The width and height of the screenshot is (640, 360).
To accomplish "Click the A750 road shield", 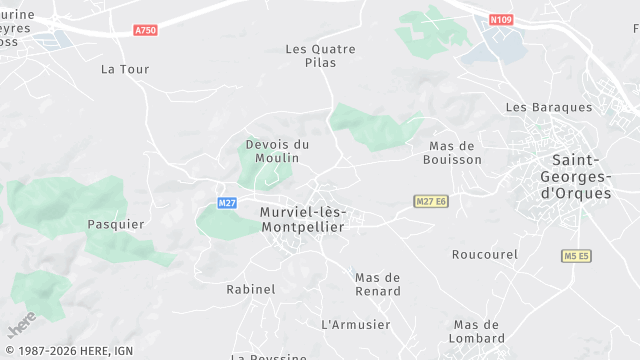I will coord(145,30).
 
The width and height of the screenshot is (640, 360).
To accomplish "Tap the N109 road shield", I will coord(501,19).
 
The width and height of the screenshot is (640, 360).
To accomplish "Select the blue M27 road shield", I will coord(227,203).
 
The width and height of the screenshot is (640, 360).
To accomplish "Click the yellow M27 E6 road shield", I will coord(430,202).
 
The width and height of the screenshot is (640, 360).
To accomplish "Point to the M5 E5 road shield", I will coord(576,256).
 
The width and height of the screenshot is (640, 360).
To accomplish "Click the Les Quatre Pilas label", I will coord(320,55).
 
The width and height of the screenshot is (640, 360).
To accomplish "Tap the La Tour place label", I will coord(125,69).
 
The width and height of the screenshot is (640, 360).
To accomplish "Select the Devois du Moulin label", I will coord(277,152).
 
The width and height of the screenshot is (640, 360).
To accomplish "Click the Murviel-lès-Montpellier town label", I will coord(302,219).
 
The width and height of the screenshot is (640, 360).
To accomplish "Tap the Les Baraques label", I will coord(549,107).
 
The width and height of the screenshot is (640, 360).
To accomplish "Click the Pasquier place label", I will coord(110,224).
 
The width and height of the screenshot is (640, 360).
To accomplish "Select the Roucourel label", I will coord(485,254).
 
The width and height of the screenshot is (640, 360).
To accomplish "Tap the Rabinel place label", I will coord(250,289).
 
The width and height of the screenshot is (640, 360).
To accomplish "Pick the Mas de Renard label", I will coord(378,284).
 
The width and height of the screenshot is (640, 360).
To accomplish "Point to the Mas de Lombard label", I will coord(476,331).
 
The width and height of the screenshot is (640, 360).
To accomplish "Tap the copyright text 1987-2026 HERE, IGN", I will coord(68,351).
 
